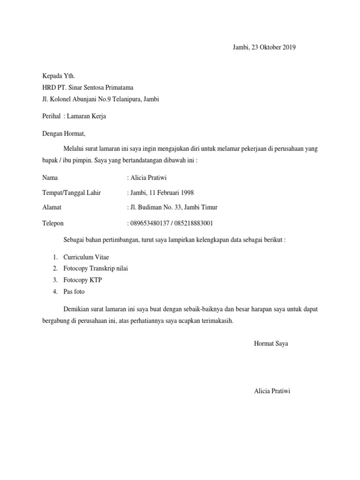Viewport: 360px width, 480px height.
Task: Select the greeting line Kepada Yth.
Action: click(x=59, y=75)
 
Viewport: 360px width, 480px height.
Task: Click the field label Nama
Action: click(x=51, y=178)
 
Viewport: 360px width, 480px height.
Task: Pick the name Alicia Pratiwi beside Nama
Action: click(x=150, y=178)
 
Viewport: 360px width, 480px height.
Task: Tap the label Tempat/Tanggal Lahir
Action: click(x=71, y=193)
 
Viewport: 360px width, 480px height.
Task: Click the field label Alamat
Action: click(x=52, y=208)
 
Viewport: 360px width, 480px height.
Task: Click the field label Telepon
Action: click(x=53, y=224)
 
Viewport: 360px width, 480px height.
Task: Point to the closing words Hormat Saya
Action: click(x=271, y=344)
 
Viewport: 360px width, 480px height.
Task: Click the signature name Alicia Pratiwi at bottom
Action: click(x=272, y=391)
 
